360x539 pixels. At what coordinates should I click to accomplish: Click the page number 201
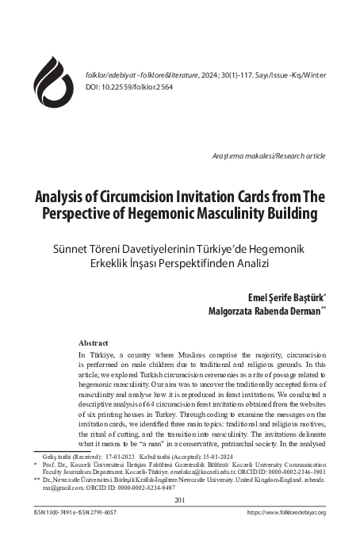(180, 500)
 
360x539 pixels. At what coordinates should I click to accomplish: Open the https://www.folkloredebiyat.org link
(287, 513)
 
